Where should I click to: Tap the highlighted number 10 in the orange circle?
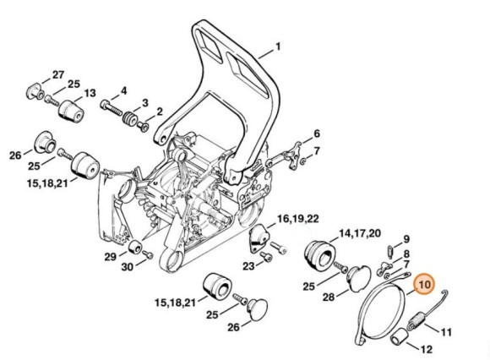[x=423, y=285]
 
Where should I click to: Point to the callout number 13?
[x=90, y=92]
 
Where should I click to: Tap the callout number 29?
[x=110, y=256]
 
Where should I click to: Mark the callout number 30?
[x=127, y=268]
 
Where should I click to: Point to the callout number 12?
[x=449, y=348]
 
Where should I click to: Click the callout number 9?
[x=406, y=239]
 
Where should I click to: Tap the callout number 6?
[x=317, y=134]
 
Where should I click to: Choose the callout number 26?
[x=15, y=154]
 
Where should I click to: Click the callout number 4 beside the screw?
[x=124, y=90]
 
